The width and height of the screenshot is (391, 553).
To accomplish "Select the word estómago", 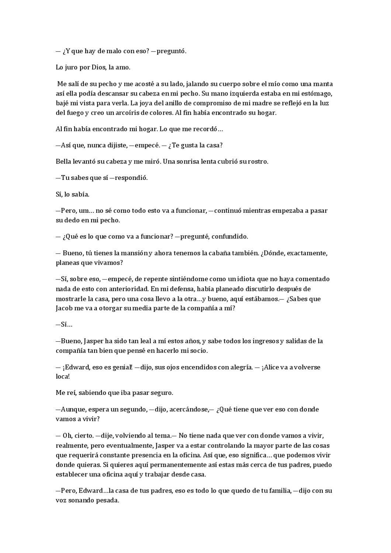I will pyautogui.click(x=319, y=94).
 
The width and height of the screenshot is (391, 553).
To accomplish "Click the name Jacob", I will pyautogui.click(x=64, y=308).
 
